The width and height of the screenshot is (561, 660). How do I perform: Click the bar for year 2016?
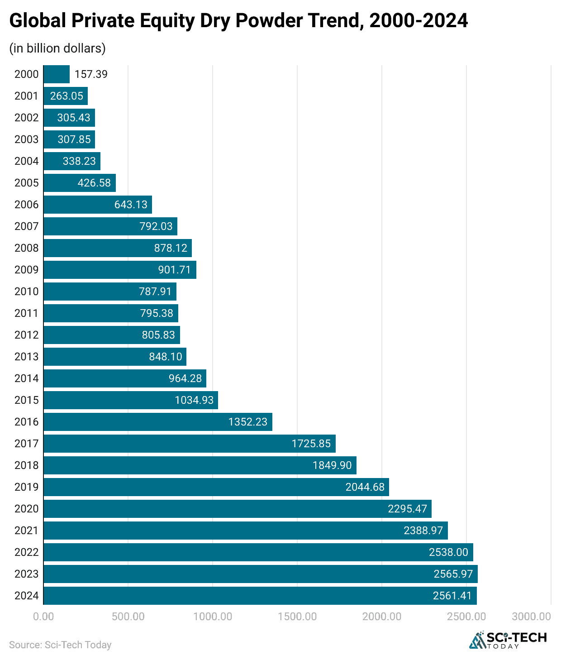tap(158, 422)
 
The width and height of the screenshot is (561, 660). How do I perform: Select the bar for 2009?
tap(120, 270)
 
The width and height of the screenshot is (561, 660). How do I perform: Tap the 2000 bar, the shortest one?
tap(57, 74)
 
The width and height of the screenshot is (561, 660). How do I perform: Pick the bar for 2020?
tap(238, 509)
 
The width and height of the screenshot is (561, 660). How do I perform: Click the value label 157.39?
tap(91, 74)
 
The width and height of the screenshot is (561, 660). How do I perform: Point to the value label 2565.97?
tap(453, 574)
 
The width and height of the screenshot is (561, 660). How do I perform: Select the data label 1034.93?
tap(194, 400)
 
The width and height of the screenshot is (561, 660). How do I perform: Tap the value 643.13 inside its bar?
tap(131, 205)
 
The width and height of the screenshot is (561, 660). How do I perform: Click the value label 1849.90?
tap(332, 465)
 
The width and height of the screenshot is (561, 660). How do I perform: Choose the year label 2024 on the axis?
tap(26, 596)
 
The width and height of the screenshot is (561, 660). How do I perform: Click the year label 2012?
tap(26, 335)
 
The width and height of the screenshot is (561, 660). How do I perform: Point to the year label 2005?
tap(26, 183)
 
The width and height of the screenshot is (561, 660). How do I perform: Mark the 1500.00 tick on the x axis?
tap(297, 617)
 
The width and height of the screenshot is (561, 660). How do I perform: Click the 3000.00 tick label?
tap(531, 617)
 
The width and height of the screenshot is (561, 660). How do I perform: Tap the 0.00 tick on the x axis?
tap(43, 617)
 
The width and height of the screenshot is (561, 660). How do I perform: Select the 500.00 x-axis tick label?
tap(128, 617)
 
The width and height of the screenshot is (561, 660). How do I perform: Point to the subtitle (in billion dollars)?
tap(57, 48)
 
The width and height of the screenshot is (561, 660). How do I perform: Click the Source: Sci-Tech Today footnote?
tap(60, 645)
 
